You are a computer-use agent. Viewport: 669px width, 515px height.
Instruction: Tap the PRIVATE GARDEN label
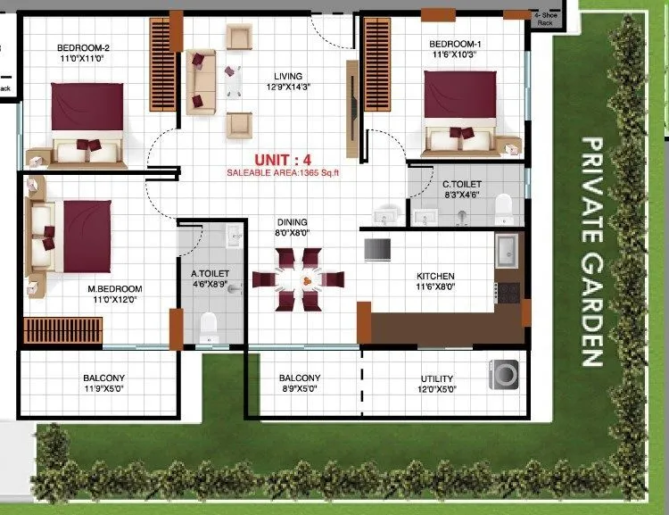pos(591,252)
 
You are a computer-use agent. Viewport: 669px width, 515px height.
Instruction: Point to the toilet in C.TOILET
pos(503,207)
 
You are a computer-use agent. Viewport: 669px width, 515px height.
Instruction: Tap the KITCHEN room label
pos(435,276)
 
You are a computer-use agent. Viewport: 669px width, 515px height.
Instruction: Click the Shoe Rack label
pos(544,19)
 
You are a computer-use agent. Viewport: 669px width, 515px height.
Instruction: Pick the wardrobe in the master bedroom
pos(61,329)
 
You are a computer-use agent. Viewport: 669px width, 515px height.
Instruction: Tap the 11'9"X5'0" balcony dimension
pos(104,390)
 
